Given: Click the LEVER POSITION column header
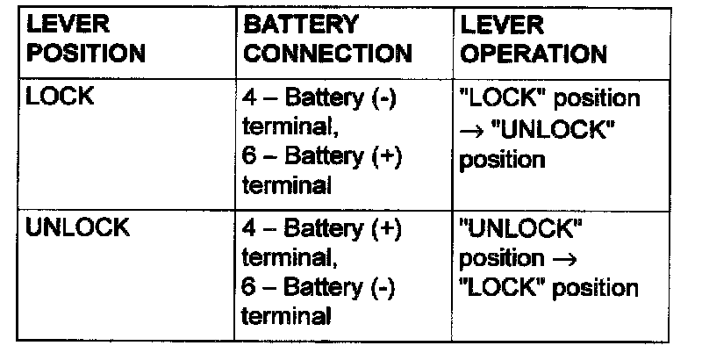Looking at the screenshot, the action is tap(85, 40).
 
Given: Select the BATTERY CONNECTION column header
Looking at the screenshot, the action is tap(327, 40).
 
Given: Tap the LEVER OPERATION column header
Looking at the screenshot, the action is tap(534, 40).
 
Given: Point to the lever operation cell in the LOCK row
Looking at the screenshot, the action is tap(549, 129).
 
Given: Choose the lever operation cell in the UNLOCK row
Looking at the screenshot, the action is tap(549, 259).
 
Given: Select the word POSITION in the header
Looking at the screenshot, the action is tap(85, 54).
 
